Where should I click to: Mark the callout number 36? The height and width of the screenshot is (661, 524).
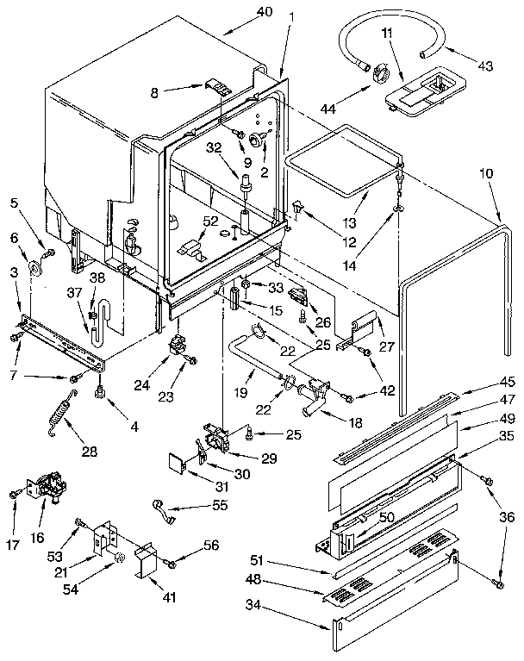[507, 517]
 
